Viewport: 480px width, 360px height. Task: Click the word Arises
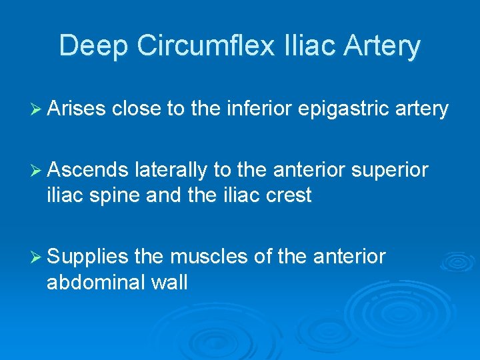click(76, 109)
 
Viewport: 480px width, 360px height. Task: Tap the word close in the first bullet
click(135, 109)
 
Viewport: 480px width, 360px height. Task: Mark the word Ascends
click(87, 171)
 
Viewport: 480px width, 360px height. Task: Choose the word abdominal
click(95, 283)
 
